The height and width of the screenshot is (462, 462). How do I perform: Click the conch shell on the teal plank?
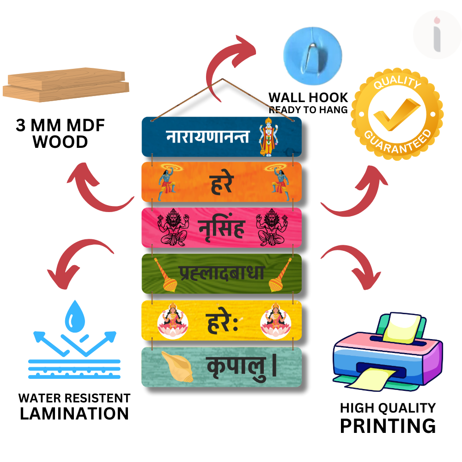point(178,366)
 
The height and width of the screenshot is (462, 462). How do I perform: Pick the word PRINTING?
point(388,425)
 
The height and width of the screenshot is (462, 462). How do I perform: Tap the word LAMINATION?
point(74,413)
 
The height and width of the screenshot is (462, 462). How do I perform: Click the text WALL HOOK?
point(308,97)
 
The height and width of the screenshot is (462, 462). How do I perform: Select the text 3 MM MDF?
point(61,126)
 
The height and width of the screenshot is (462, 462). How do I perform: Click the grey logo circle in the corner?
point(437,35)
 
